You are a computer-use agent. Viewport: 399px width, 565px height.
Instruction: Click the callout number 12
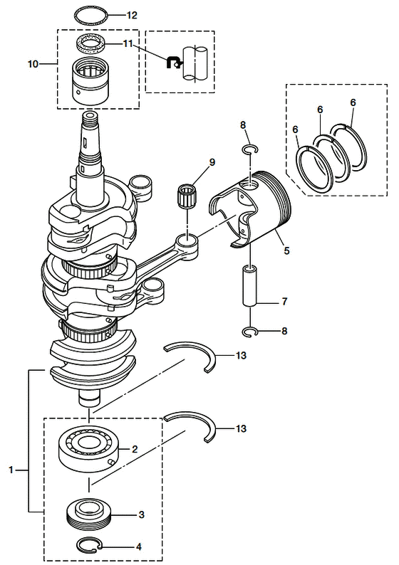click(132, 15)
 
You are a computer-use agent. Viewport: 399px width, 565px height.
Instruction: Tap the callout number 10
click(33, 64)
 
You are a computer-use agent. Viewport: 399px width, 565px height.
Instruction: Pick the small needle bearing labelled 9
click(187, 196)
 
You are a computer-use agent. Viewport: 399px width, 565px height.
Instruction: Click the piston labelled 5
click(249, 209)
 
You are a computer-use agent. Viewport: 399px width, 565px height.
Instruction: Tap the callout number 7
click(284, 301)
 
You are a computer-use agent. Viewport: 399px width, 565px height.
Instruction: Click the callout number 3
click(141, 514)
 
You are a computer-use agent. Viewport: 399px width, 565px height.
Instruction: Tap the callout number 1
click(11, 470)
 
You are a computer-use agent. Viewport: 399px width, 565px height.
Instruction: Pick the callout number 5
click(286, 250)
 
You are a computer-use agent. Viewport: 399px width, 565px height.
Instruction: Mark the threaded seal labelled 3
click(90, 514)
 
